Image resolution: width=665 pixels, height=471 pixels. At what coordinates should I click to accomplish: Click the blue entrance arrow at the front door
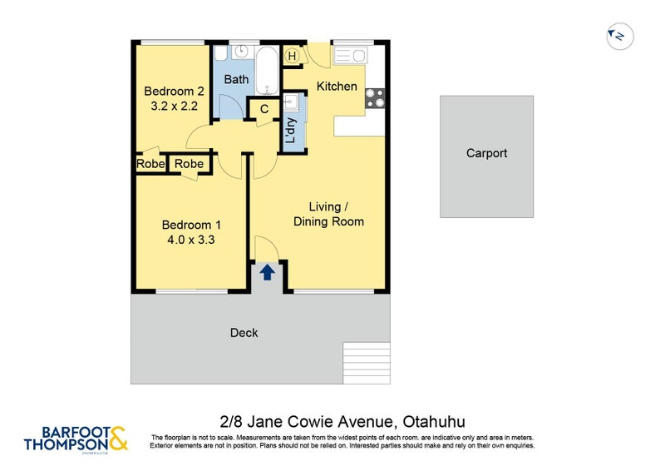(x=268, y=272)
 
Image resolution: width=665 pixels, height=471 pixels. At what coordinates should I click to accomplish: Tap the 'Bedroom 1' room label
(x=191, y=225)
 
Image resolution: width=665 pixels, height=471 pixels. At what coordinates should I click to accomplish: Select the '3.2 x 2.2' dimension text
(x=174, y=107)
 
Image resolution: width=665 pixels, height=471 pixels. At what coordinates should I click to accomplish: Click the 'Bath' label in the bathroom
(x=236, y=80)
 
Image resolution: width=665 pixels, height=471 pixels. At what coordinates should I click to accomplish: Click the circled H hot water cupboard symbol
(x=292, y=56)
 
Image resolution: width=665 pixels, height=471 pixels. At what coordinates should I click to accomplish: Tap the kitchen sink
(x=349, y=56)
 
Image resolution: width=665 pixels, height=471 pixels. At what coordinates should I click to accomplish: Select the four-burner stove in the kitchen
(x=375, y=97)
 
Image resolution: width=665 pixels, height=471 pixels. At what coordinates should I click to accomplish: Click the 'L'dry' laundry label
(x=291, y=131)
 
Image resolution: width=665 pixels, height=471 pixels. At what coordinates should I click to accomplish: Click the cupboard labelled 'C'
(x=264, y=109)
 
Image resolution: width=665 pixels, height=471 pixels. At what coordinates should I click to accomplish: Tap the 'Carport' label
(x=486, y=153)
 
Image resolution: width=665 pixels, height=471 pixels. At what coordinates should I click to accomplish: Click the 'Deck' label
(x=244, y=333)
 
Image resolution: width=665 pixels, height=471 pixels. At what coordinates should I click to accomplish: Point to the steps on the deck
(x=366, y=362)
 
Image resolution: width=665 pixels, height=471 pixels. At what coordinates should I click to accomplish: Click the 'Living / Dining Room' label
(x=328, y=214)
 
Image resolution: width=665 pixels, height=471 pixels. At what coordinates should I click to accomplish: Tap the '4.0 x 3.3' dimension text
(x=191, y=240)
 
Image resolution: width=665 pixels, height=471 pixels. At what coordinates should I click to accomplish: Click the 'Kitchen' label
(x=337, y=87)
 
